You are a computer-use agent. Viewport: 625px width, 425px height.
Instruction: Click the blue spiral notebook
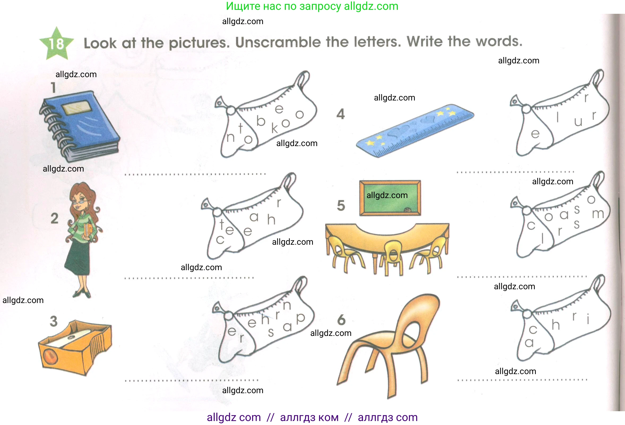80,126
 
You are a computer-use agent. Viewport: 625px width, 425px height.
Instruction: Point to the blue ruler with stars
415,130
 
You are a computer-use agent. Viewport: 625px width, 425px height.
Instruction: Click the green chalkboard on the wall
390,198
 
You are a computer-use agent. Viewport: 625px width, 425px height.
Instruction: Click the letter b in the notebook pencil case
261,121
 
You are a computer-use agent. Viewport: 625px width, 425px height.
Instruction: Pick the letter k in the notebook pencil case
274,128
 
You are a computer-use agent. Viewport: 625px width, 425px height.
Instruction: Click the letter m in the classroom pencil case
598,214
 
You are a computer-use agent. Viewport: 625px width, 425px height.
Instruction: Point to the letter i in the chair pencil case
588,319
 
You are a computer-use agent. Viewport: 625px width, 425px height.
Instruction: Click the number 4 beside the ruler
340,114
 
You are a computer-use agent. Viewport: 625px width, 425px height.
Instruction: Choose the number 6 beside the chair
341,320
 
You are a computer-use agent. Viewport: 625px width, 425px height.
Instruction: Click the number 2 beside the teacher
55,218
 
